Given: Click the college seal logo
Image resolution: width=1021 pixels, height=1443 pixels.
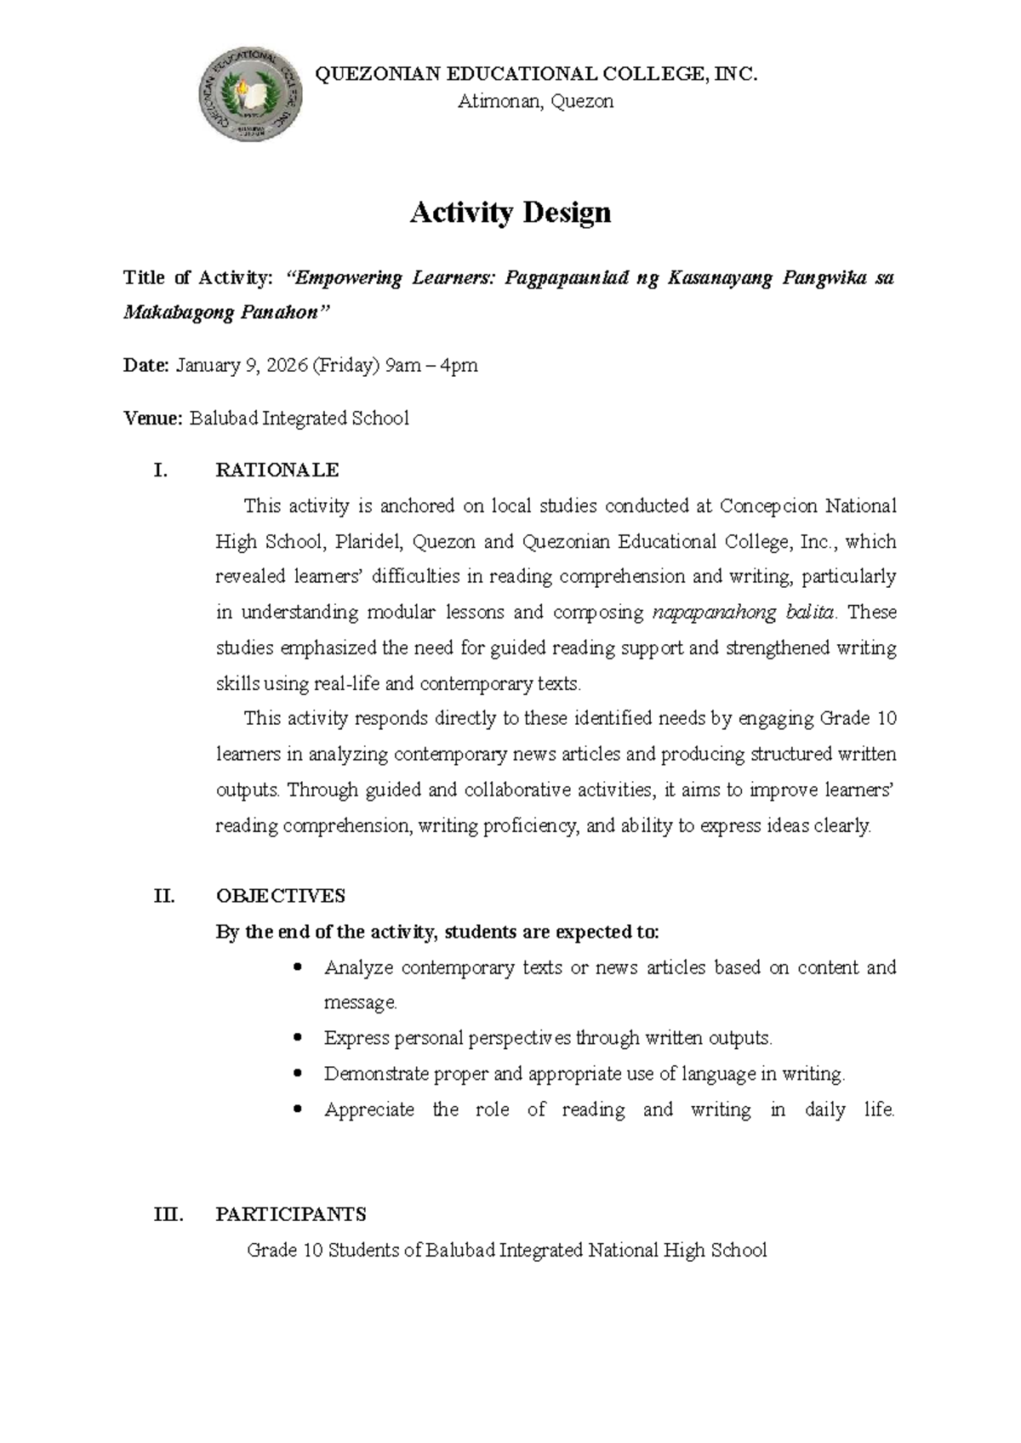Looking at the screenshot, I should [250, 94].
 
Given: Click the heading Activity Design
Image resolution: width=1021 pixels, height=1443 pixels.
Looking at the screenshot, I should [510, 213].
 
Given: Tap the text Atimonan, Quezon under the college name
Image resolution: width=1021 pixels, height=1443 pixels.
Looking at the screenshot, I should [535, 102].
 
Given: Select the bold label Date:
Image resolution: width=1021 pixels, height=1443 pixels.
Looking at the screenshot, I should [146, 366].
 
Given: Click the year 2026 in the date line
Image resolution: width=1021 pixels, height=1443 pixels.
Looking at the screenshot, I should [287, 366].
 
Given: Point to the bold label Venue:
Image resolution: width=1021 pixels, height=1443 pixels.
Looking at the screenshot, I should [152, 419].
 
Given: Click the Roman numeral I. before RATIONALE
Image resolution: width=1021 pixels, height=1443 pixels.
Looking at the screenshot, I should [160, 471].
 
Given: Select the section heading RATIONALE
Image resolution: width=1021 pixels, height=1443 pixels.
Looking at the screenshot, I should [277, 471].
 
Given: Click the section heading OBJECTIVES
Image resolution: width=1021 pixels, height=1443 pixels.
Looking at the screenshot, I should [280, 896].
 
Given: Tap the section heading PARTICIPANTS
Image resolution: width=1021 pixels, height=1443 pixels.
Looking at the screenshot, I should [291, 1214].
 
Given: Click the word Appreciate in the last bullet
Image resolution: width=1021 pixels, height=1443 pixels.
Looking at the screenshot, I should [369, 1109].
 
